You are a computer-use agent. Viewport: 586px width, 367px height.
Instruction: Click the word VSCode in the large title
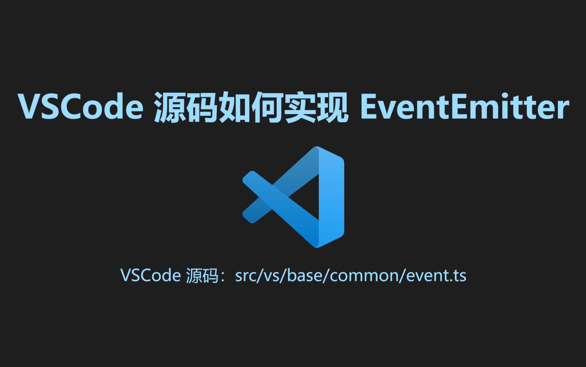click(x=80, y=106)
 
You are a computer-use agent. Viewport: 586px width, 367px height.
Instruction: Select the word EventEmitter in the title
click(x=465, y=106)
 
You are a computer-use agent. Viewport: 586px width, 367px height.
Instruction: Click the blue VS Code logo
click(x=293, y=197)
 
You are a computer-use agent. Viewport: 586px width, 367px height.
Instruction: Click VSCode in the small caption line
click(x=151, y=275)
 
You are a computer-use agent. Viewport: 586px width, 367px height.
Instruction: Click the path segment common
click(x=364, y=276)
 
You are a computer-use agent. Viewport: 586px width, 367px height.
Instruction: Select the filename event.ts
click(x=436, y=276)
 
